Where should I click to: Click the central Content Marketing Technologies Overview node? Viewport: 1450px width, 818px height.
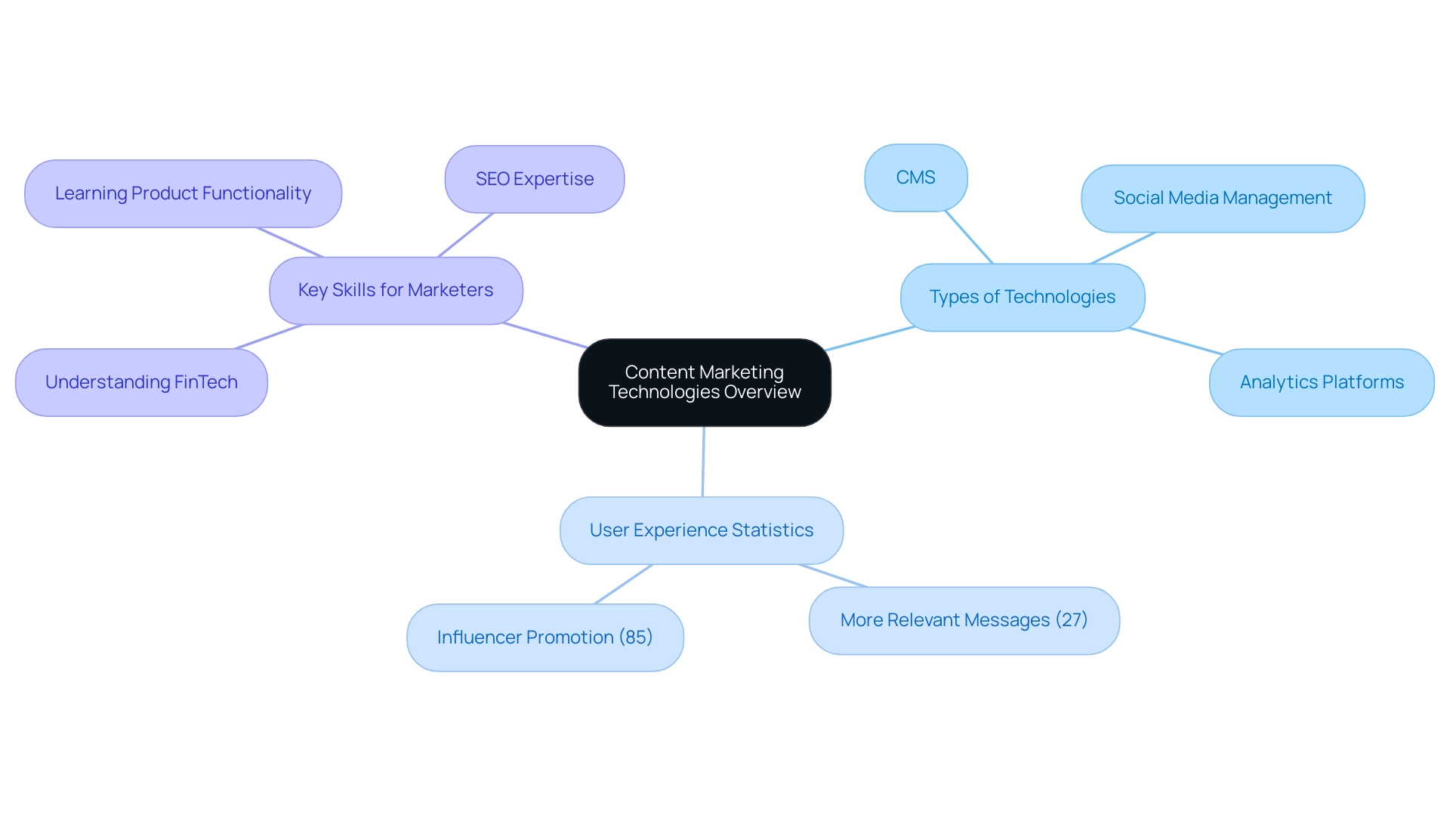coord(705,382)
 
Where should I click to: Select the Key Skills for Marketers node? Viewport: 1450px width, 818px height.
coord(396,291)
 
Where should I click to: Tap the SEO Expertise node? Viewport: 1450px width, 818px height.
coord(535,179)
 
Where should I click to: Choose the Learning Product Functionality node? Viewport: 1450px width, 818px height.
coord(183,193)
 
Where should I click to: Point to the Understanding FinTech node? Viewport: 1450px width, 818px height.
coord(141,382)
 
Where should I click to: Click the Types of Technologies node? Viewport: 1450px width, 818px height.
coord(1023,297)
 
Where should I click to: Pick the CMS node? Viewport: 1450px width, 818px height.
coord(915,177)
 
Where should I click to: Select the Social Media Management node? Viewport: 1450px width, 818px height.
coord(1223,198)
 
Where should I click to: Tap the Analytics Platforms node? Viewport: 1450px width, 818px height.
coord(1322,382)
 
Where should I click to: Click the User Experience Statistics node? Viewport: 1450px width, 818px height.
coord(702,530)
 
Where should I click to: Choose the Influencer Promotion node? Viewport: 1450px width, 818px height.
coord(545,637)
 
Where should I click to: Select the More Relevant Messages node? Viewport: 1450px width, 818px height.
coord(964,620)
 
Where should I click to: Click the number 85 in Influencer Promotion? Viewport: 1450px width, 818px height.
coord(636,637)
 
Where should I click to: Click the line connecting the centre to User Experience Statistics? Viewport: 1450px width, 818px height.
coord(703,461)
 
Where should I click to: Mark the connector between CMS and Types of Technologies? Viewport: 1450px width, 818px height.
coord(969,237)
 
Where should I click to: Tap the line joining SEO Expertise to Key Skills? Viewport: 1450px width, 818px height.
coord(465,235)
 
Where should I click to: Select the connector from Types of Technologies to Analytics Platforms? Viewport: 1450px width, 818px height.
coord(1175,341)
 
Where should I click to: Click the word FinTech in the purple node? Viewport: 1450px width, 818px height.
coord(206,382)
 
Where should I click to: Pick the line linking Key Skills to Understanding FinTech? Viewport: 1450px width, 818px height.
coord(270,337)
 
